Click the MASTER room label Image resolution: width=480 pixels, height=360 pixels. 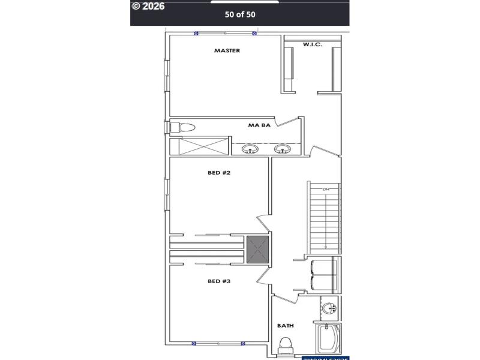tap(227, 51)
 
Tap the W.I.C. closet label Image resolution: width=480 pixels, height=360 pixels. tap(312, 44)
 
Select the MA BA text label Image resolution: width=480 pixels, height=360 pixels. tap(259, 126)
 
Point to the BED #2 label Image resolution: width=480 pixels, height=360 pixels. tap(219, 173)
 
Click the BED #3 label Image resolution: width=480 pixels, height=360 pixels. tap(219, 281)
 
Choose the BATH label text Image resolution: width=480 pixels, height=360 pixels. tap(285, 326)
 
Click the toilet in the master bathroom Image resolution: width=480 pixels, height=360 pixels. tap(182, 127)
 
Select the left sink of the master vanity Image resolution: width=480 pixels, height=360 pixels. tap(249, 149)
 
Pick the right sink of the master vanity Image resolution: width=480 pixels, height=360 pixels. tap(282, 149)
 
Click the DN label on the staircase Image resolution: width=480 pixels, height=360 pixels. tap(326, 190)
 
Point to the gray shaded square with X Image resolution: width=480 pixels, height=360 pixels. tap(258, 249)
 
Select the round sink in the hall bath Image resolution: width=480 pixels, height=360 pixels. tap(329, 308)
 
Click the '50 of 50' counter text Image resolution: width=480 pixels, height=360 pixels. tap(239, 14)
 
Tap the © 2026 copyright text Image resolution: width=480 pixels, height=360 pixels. tap(148, 6)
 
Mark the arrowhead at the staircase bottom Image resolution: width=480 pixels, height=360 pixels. tap(326, 247)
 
